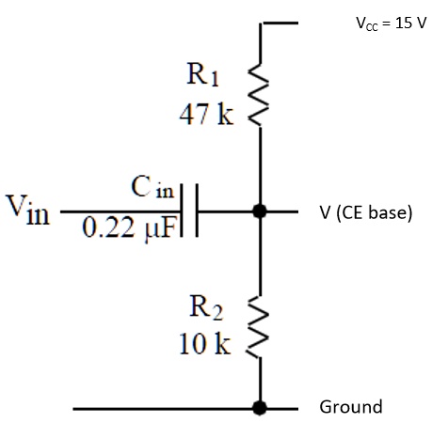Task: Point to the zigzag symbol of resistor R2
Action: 258,326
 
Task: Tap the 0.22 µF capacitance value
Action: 128,228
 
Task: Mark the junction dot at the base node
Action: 259,211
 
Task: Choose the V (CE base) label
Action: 366,212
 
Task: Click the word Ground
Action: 351,407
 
